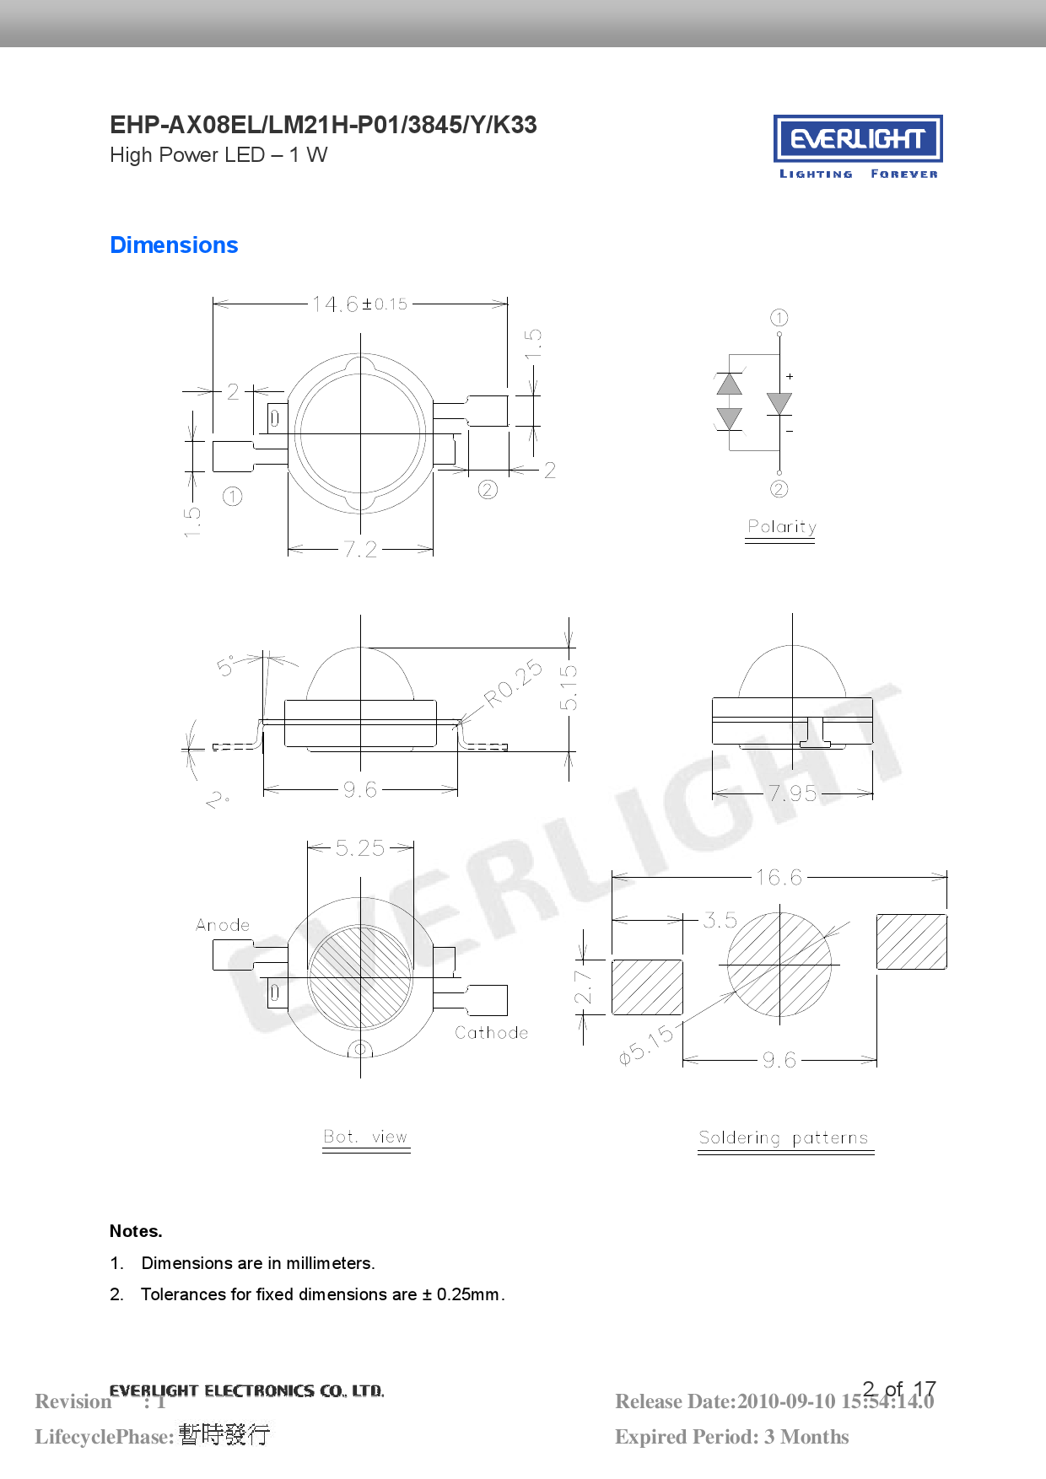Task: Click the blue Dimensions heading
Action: coord(174,245)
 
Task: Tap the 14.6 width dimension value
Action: coord(336,304)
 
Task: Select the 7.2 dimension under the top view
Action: coord(360,550)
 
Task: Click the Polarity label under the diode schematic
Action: coord(781,527)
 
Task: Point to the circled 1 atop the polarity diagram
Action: coord(779,318)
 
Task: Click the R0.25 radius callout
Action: coord(513,682)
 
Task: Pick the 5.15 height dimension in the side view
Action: coord(569,687)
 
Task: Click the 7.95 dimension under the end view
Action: coord(792,793)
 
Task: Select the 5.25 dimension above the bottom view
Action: coord(360,848)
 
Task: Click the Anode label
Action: coord(223,925)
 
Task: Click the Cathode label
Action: coord(492,1033)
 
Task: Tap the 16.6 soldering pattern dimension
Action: coord(779,878)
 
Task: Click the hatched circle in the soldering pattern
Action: coord(779,964)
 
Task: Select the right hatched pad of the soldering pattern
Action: coord(911,941)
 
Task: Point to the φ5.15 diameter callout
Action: coord(646,1046)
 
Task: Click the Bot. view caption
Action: coord(365,1137)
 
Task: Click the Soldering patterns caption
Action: coord(784,1138)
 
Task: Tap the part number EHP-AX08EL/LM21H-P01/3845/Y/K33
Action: coord(323,125)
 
